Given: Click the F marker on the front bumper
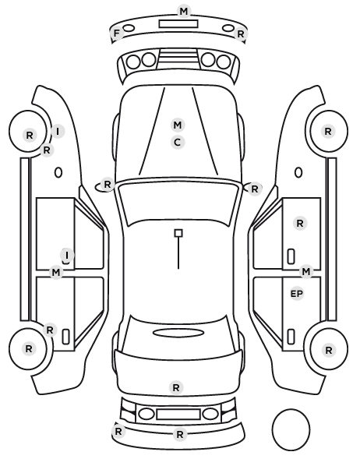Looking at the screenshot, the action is [117, 33].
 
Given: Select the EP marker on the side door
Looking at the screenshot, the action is [296, 294].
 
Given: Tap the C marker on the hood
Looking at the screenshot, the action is [178, 143].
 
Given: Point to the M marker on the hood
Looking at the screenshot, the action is [178, 125].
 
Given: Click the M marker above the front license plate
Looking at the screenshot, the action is [184, 11].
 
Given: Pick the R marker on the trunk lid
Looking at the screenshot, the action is [176, 387].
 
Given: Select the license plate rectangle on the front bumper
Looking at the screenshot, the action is [178, 24].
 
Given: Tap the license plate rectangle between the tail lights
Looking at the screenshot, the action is [178, 415].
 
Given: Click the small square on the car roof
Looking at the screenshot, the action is [178, 233].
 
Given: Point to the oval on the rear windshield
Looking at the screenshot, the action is [178, 333].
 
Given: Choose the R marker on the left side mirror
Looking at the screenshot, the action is [108, 184].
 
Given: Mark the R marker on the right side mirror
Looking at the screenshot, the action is [255, 189].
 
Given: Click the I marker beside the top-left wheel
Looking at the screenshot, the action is [58, 131].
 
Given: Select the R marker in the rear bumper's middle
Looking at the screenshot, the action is [180, 435].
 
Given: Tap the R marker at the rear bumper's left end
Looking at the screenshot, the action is [118, 431].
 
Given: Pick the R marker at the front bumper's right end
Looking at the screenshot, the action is [241, 34].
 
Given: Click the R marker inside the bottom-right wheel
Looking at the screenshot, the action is [329, 351].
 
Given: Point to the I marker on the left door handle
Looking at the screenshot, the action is [67, 255].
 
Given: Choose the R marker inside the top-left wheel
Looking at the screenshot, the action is [30, 136].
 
